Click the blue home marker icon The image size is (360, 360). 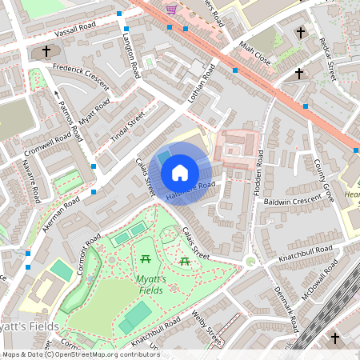coord(180,173)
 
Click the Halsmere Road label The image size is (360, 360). coord(190,192)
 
